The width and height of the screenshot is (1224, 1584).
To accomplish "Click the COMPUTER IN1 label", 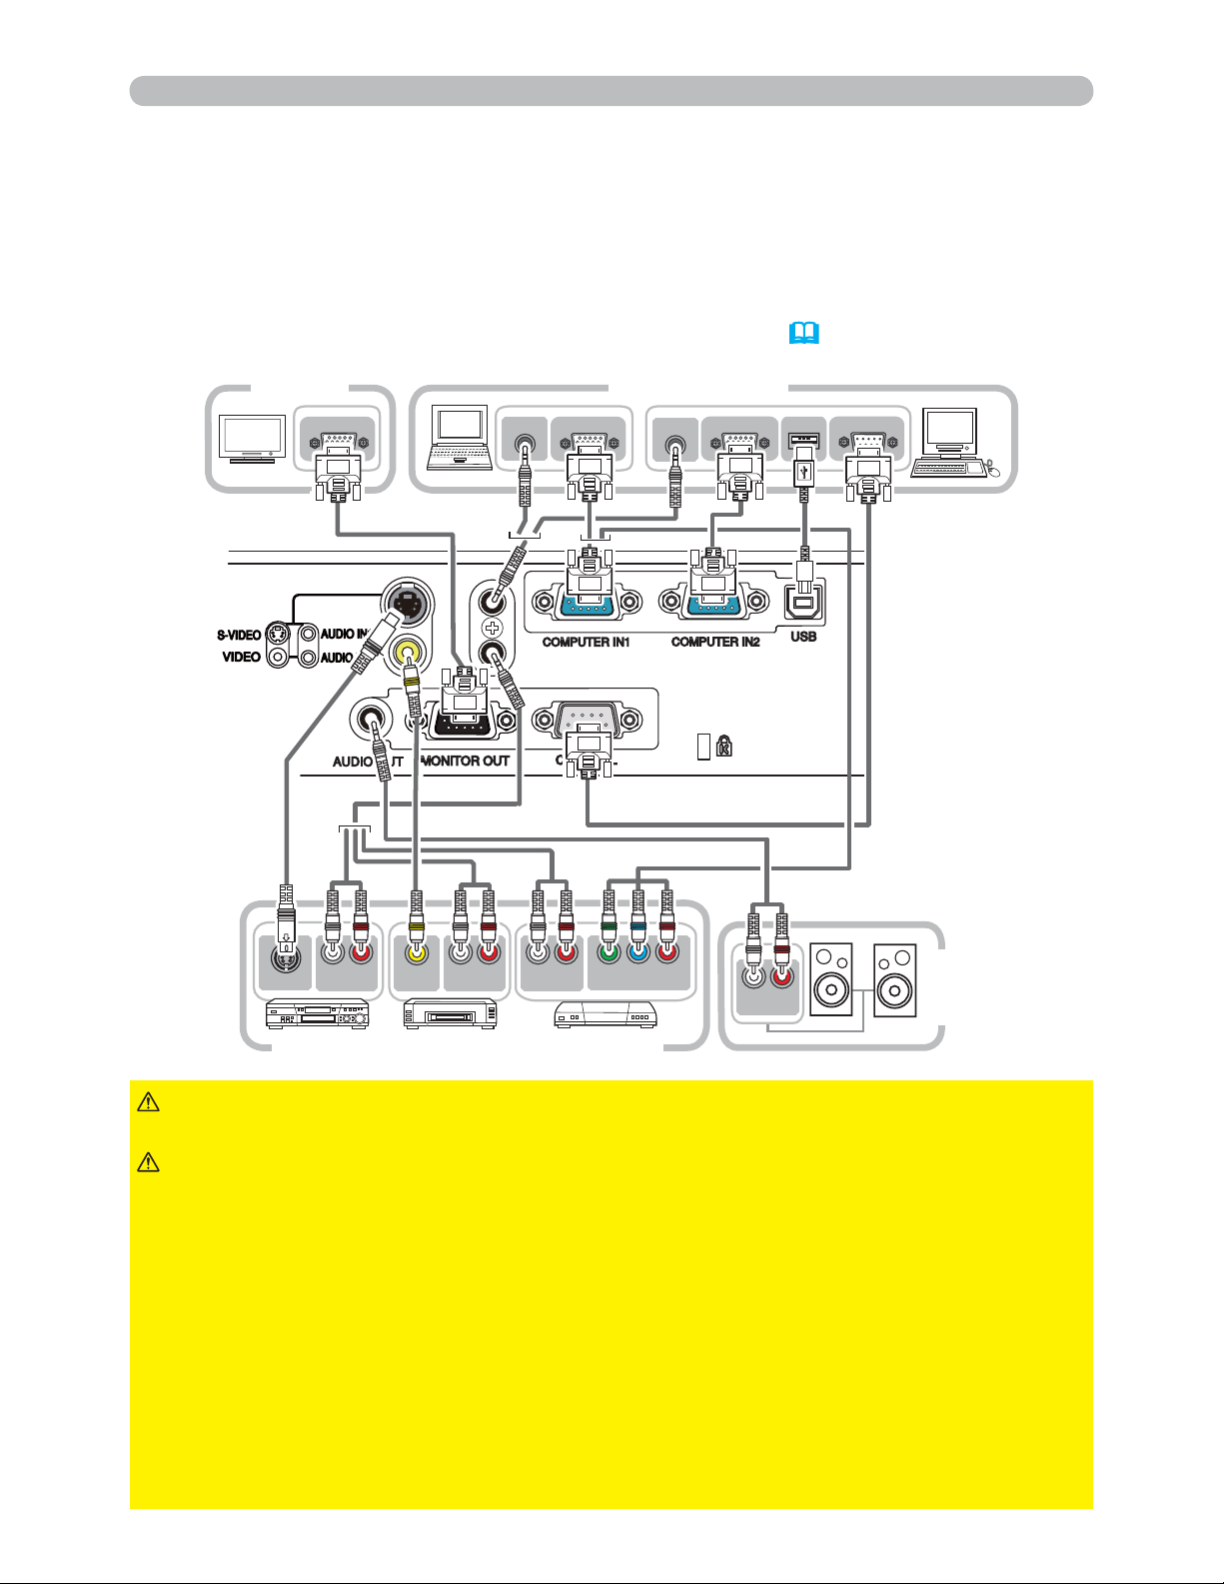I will [x=586, y=642].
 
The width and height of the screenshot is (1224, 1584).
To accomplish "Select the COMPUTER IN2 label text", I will [x=715, y=642].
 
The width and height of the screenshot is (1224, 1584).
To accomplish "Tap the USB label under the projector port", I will [x=803, y=637].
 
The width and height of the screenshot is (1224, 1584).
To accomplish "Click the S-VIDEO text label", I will [x=240, y=635].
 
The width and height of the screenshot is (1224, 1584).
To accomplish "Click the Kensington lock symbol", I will [x=724, y=746].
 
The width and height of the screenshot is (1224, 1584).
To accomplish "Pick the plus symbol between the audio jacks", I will [x=492, y=629].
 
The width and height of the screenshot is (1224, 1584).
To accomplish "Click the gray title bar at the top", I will [x=611, y=90].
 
